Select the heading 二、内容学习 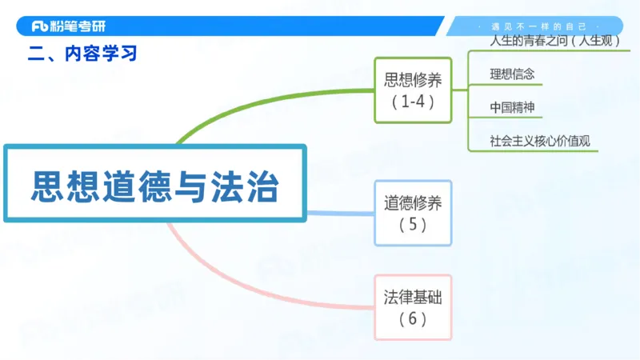tap(82, 54)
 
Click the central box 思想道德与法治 tap(155, 183)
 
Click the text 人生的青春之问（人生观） tap(559, 40)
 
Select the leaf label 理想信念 tap(512, 74)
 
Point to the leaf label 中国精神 tap(512, 107)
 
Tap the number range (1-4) tap(413, 102)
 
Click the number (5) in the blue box tap(413, 225)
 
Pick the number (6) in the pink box tap(413, 319)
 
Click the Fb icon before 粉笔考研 tap(41, 26)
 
